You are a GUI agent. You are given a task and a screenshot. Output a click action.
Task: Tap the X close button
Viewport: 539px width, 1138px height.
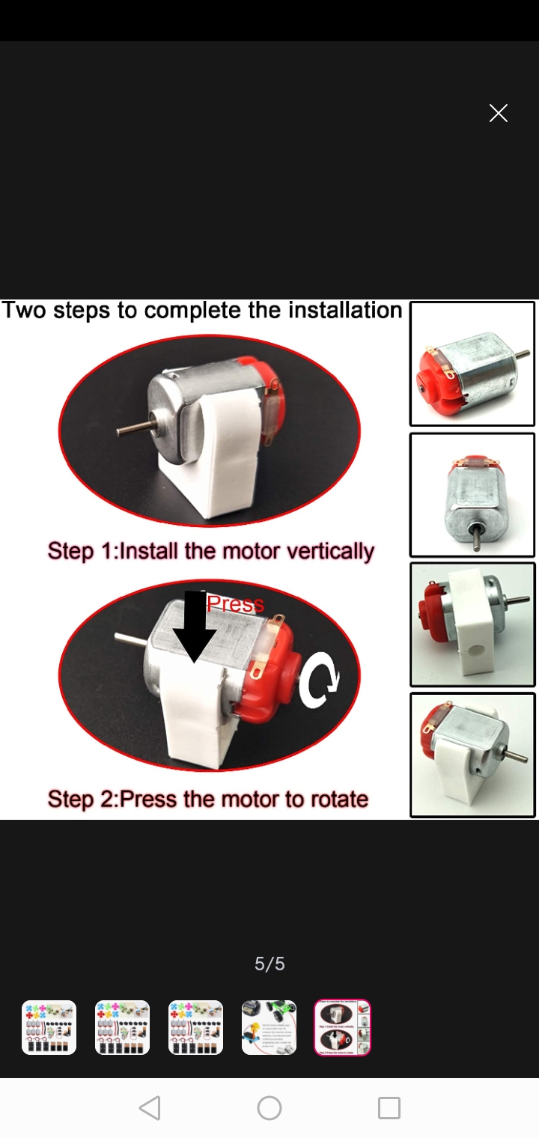[x=499, y=113]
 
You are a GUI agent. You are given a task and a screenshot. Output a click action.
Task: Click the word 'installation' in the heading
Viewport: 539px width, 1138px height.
[x=345, y=310]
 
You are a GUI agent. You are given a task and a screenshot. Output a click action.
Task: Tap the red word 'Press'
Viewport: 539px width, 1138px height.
[x=235, y=603]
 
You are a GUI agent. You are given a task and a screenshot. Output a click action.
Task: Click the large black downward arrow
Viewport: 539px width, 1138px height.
[x=195, y=627]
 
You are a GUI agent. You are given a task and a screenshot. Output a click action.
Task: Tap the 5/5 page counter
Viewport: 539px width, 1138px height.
[x=269, y=964]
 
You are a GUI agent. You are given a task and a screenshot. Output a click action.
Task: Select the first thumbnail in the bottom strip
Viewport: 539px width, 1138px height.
[x=49, y=1028]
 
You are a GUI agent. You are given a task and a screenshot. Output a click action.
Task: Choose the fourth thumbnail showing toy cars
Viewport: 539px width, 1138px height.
[x=269, y=1028]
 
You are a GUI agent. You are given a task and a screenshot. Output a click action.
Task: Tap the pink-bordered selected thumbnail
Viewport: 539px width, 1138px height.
[x=342, y=1028]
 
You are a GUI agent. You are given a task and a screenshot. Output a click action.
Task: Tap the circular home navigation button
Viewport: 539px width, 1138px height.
[x=269, y=1108]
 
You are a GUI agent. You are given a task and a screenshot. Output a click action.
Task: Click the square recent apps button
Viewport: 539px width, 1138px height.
[x=389, y=1108]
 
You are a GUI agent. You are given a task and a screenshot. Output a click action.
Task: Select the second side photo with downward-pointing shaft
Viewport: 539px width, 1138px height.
[x=472, y=495]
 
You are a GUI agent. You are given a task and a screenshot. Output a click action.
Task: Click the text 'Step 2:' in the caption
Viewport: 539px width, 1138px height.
[x=83, y=800]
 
